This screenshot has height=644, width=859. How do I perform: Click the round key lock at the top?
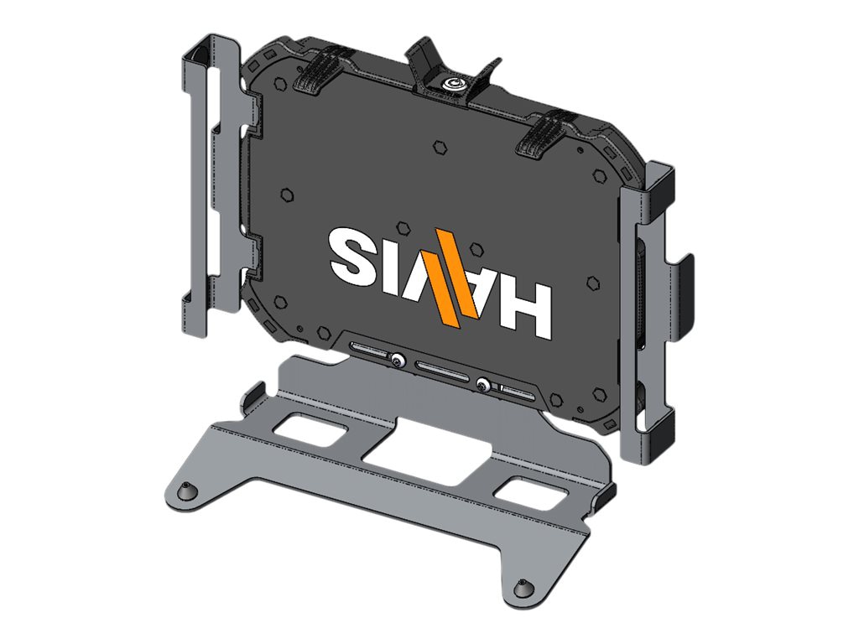454,84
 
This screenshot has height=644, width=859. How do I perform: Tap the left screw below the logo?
396,361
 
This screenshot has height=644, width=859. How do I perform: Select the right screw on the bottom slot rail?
484,386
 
